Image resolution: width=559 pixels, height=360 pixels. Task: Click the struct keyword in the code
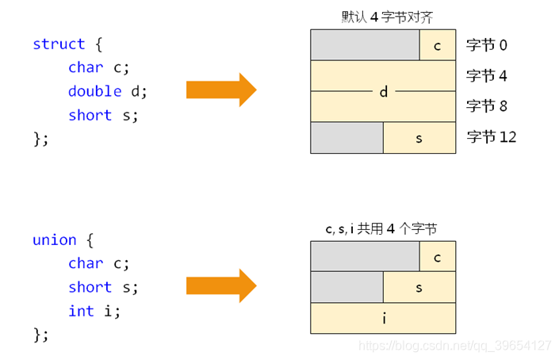point(59,44)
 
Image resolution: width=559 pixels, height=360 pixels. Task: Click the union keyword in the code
point(55,239)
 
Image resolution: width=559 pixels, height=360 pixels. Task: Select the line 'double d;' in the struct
point(107,91)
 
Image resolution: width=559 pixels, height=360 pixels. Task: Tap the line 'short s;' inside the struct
point(103,115)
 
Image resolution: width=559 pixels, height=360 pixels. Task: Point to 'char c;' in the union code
point(98,263)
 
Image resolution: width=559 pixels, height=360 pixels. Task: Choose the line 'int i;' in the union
point(94,311)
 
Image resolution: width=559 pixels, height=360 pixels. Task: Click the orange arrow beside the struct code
point(221,90)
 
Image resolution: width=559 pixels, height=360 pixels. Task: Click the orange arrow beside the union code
point(221,286)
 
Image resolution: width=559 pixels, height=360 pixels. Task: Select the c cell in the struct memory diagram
point(438,45)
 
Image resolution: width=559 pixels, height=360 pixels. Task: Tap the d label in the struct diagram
point(383,92)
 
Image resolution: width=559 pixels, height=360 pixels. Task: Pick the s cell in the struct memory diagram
point(419,138)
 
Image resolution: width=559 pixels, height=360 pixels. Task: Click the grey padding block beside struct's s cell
point(347,138)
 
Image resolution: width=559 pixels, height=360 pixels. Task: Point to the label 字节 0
point(487,45)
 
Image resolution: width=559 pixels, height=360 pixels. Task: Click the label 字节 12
point(492,137)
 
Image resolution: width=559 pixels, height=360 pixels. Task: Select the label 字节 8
point(487,106)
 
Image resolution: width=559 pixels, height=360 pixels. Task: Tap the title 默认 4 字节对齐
point(382,16)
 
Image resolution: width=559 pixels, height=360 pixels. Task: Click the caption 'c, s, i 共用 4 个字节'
point(381,228)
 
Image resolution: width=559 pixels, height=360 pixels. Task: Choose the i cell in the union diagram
point(383,318)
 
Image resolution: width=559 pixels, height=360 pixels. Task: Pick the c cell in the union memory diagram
point(438,257)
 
